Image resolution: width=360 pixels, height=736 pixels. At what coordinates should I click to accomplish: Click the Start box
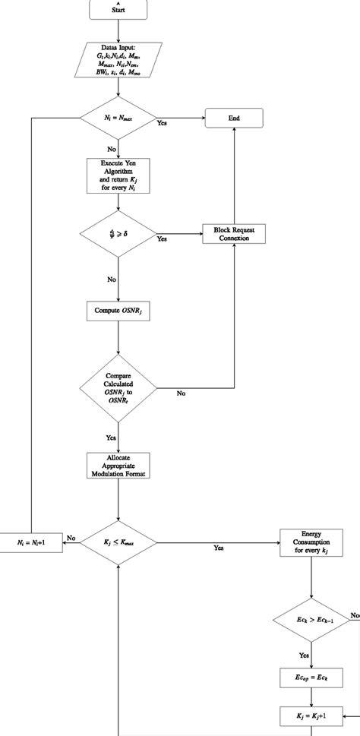118,10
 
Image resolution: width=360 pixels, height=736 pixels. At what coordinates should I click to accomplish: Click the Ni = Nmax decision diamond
118,118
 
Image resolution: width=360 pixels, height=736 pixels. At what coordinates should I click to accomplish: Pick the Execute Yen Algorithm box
118,176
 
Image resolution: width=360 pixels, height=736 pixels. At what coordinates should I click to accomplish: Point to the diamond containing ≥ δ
118,234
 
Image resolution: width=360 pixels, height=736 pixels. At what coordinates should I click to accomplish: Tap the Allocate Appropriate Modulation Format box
118,465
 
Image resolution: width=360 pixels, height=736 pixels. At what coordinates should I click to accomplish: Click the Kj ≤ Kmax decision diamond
118,542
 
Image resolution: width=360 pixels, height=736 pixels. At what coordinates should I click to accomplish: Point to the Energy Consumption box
311,542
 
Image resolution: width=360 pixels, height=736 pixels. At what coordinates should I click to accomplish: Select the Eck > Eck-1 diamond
311,621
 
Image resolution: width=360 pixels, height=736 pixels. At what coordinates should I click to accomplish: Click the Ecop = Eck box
311,677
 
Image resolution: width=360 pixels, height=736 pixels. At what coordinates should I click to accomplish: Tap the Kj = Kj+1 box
311,715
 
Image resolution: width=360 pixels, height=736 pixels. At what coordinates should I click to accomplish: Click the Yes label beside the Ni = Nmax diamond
162,123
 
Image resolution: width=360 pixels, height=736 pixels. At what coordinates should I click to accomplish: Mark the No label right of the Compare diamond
182,393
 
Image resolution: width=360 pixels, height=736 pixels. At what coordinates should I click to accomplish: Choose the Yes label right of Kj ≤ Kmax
219,548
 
